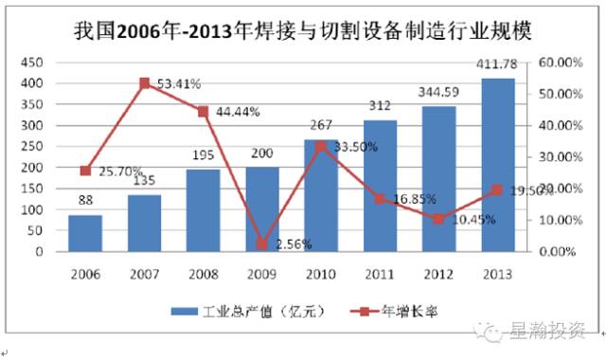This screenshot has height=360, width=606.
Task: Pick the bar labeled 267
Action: tap(322, 195)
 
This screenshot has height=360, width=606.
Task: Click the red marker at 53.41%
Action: tap(145, 83)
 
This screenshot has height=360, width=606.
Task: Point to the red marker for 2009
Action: tap(262, 243)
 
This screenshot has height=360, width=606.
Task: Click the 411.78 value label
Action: tap(499, 64)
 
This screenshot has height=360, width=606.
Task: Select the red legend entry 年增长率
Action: tap(387, 311)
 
